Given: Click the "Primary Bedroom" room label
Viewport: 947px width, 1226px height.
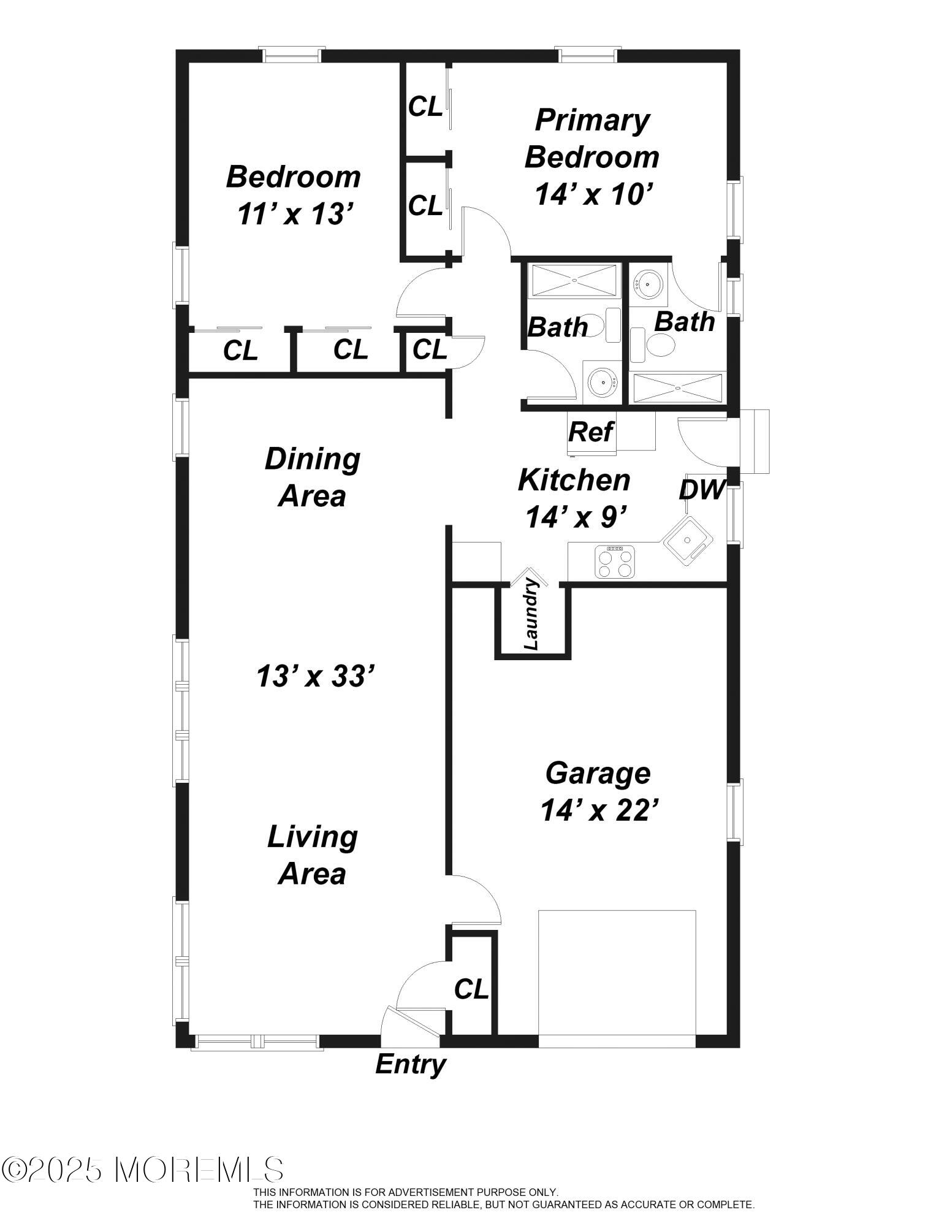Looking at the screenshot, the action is coord(591,139).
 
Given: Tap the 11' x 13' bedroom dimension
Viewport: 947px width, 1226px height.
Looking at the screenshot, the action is coord(295,214).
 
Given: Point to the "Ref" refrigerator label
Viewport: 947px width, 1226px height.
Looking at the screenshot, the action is coord(590,432).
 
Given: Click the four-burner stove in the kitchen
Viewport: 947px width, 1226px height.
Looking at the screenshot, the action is coord(615,562).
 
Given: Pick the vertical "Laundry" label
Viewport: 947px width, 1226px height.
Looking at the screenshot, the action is coord(531,615).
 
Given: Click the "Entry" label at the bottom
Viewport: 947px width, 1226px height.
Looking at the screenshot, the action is coord(410,1064).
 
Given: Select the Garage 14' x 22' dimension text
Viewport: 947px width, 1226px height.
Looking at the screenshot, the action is coord(599,810).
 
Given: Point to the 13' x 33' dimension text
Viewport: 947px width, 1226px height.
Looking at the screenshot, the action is coord(315,677).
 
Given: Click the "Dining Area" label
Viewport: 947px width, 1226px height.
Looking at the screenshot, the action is coord(312,477).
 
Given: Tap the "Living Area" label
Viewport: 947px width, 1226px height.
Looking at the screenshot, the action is coord(312,855).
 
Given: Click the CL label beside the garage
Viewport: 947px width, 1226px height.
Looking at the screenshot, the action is coord(471,989).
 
